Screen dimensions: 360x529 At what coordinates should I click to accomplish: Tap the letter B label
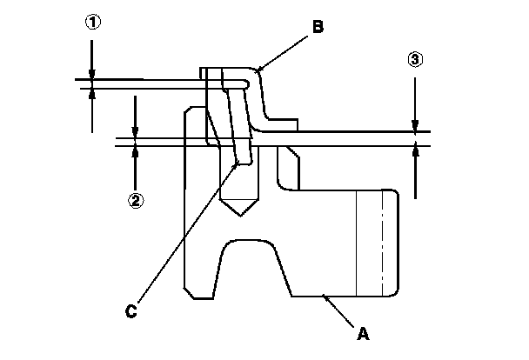[x=318, y=28]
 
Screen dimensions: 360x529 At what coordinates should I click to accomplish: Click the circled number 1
[x=92, y=23]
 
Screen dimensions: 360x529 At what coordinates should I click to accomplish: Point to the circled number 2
[x=136, y=199]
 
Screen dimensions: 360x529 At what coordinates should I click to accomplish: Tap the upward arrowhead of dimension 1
[x=92, y=93]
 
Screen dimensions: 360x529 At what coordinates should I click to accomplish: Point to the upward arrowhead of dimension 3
[x=416, y=151]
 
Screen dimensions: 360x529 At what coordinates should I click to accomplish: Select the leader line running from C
[x=183, y=235]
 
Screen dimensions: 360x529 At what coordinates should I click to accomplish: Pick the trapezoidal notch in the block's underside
[x=252, y=265]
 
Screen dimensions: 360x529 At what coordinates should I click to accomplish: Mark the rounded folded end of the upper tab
[x=250, y=83]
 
